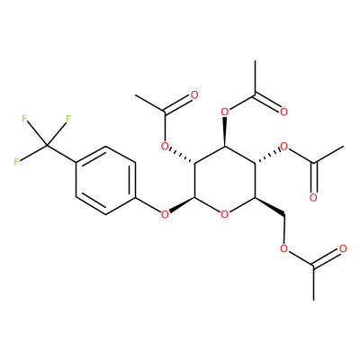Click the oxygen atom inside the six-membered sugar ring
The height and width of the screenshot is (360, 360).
(x=224, y=214)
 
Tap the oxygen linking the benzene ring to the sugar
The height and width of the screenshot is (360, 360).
(x=165, y=214)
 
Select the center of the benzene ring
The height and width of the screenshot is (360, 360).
(x=105, y=180)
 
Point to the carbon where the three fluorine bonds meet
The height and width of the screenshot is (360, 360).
(x=47, y=146)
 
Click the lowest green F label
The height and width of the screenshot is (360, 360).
(x=17, y=162)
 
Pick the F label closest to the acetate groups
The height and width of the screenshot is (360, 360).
(x=68, y=119)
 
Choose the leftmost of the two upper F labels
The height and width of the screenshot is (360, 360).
(x=24, y=119)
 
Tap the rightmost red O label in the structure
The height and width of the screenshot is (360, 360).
(x=343, y=248)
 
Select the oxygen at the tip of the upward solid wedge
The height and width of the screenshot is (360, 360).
(x=224, y=112)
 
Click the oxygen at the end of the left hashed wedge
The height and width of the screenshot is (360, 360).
(x=165, y=147)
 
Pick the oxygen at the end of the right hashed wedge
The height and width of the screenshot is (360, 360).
(x=283, y=147)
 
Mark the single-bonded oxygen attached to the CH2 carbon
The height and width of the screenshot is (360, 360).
(x=283, y=248)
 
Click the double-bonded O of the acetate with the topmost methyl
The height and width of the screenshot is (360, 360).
(x=283, y=112)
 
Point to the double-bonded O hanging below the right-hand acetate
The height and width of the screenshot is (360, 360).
(x=313, y=197)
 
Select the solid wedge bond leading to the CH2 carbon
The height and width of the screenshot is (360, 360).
(x=269, y=206)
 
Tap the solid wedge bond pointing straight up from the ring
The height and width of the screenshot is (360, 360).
(x=225, y=132)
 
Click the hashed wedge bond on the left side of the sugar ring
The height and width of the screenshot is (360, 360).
(x=182, y=156)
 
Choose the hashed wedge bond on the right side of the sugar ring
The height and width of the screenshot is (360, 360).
(x=267, y=156)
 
